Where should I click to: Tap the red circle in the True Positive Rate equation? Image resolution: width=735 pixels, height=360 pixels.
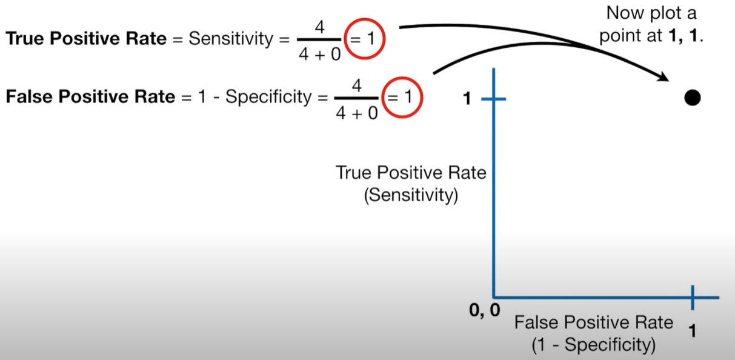coord(363,41)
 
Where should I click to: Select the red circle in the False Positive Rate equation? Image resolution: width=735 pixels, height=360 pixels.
coord(401,96)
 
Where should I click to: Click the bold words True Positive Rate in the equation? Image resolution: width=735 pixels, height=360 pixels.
coord(85,39)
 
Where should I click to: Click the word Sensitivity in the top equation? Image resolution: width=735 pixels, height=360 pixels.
coord(231,39)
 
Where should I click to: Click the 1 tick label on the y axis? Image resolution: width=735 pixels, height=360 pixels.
coord(467,99)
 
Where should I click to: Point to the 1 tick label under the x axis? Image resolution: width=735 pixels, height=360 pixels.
coord(693,332)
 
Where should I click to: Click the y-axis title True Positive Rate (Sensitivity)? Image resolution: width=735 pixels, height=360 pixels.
coord(411,184)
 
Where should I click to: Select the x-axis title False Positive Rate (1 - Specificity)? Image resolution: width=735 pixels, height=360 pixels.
coord(594,333)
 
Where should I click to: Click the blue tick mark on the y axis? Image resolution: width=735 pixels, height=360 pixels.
coord(494,99)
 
